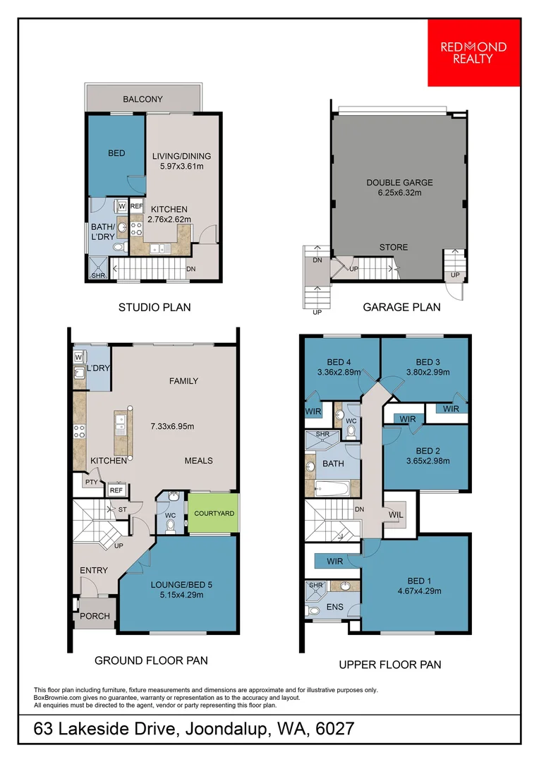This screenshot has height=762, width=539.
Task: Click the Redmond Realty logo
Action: [473, 53]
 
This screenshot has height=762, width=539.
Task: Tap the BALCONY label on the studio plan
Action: [143, 99]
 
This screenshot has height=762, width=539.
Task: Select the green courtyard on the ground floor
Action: [214, 513]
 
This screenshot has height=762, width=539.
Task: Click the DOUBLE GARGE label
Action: [399, 183]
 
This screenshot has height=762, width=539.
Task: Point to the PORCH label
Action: [95, 616]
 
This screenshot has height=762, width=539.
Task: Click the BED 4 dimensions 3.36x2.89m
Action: [339, 373]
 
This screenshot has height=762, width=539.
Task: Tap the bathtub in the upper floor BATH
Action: [332, 488]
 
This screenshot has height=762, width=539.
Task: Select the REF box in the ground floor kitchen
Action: [116, 490]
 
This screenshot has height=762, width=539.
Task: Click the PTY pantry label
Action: [92, 482]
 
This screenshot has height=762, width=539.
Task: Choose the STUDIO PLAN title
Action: [155, 307]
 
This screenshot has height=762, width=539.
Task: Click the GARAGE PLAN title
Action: [401, 307]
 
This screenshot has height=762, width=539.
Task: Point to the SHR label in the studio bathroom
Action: [98, 276]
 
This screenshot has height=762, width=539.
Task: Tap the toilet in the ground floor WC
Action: [170, 526]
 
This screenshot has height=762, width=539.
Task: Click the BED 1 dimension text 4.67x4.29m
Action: [420, 591]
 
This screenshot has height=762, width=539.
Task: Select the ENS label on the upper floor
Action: [335, 607]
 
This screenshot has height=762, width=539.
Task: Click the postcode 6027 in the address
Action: [335, 729]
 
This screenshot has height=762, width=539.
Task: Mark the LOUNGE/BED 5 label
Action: [181, 585]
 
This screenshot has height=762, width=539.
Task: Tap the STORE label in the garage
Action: [394, 248]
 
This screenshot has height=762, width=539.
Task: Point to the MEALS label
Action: [199, 461]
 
